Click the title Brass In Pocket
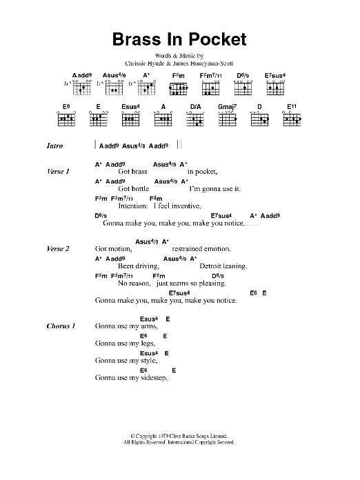point(179,39)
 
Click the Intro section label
point(54,147)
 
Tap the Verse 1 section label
point(58,171)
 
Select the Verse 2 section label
point(58,249)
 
